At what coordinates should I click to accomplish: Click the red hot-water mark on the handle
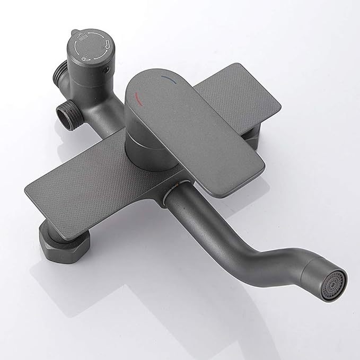coord(139,97)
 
